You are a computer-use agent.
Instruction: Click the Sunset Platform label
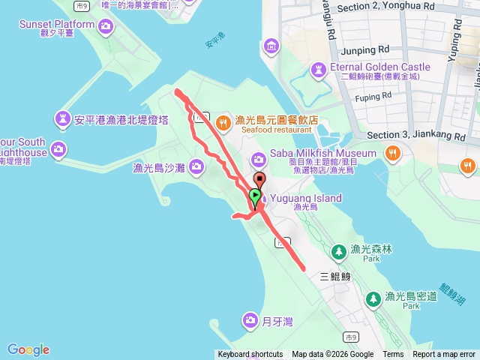[58, 25]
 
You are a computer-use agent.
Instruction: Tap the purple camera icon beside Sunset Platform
[106, 27]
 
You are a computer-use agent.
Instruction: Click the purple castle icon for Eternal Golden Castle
[319, 69]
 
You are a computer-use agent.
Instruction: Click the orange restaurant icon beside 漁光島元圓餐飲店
[223, 121]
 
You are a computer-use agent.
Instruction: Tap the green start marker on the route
[255, 196]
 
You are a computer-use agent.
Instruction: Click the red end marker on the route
[259, 179]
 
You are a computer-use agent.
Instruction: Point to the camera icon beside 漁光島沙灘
[196, 166]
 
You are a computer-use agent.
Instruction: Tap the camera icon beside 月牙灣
[250, 321]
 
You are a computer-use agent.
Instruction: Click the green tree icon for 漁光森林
[338, 250]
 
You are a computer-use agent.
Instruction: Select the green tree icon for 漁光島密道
[373, 298]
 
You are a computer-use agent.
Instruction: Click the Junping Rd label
[364, 50]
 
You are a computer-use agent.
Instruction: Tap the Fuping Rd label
[373, 97]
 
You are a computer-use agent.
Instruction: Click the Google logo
[28, 349]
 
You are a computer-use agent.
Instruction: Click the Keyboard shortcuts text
[250, 355]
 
